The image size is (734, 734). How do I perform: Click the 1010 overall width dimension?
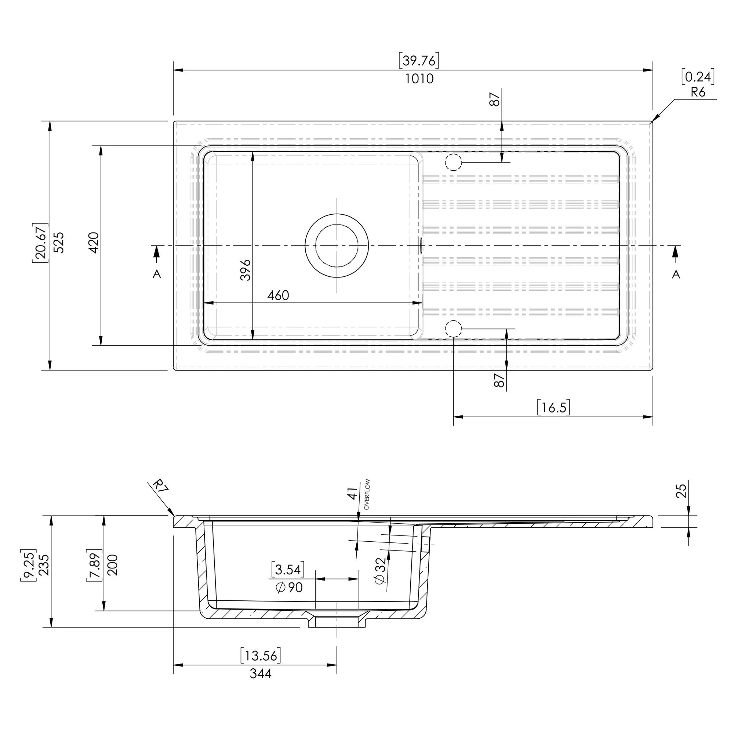[419, 79]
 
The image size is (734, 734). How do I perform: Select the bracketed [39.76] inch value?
[419, 61]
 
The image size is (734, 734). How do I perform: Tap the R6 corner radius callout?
[698, 92]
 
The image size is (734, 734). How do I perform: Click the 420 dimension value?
[94, 242]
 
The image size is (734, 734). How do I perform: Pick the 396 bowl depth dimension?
[246, 270]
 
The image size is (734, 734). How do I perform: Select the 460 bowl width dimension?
[278, 295]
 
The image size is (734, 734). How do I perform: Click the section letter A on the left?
[157, 274]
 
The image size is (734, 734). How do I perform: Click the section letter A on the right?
[676, 274]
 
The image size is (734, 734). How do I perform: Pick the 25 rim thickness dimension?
[682, 490]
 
